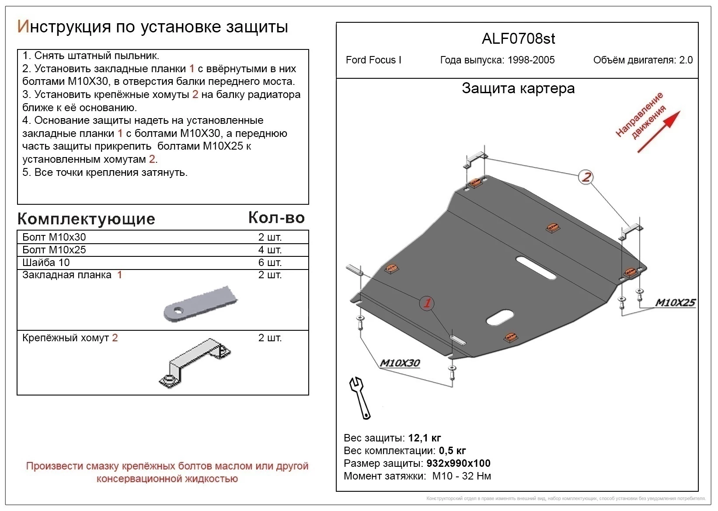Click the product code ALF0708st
(518, 39)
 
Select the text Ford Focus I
(373, 60)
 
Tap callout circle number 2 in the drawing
(586, 177)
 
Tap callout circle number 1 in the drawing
(427, 303)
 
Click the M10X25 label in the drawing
(675, 303)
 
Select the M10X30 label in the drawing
(400, 363)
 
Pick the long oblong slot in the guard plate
(536, 267)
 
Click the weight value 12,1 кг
(424, 438)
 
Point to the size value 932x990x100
(458, 463)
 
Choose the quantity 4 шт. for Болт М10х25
(270, 250)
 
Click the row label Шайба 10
(46, 262)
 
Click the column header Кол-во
(276, 218)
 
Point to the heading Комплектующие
(86, 219)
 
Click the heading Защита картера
(518, 88)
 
